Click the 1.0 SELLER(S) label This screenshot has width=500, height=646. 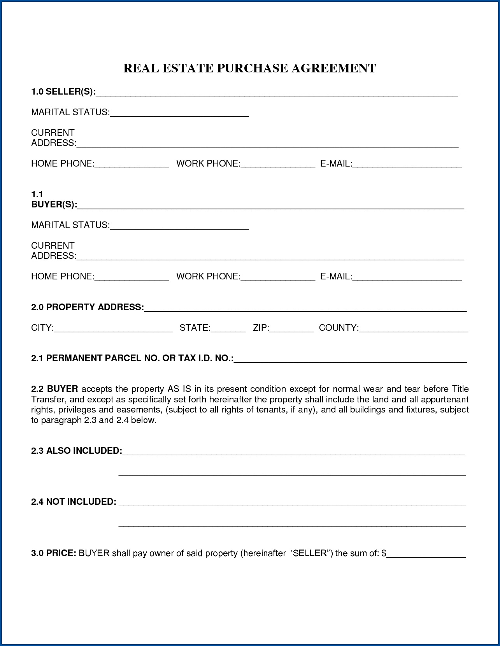tap(63, 92)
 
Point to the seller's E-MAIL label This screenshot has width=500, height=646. tap(336, 164)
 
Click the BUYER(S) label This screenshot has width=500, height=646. tap(54, 205)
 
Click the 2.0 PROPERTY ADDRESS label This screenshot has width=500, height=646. tap(87, 307)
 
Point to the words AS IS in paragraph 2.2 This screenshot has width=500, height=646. tap(179, 389)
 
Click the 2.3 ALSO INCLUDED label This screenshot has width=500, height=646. tap(76, 451)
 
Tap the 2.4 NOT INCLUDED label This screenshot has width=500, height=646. tap(74, 502)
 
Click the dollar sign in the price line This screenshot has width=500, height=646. tap(384, 553)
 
